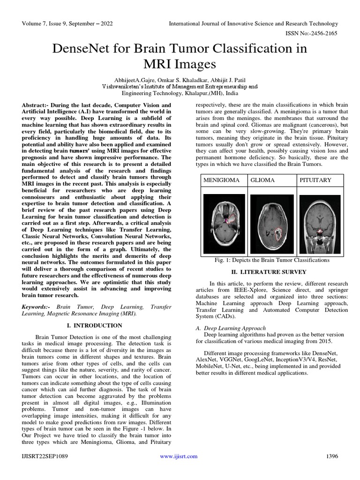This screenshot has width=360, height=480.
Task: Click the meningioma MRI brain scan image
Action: [x=225, y=224]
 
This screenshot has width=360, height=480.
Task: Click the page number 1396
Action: [x=331, y=456]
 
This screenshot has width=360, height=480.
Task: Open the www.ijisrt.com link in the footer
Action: [x=179, y=456]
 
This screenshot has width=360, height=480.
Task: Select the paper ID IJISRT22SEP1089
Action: [x=42, y=456]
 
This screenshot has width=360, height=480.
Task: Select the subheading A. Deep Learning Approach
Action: [x=231, y=328]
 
